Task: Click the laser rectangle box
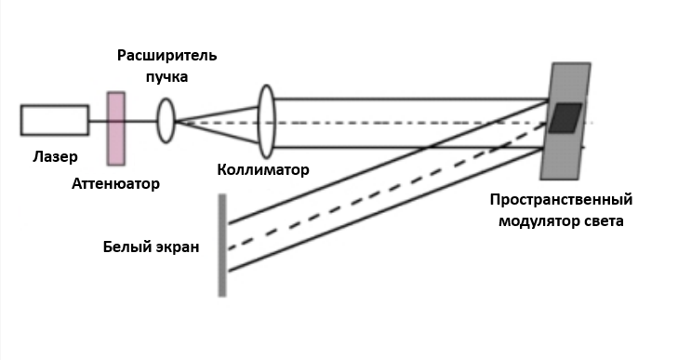55,120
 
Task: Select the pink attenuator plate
116,128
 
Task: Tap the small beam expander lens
166,121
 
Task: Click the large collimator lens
266,121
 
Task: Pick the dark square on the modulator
565,118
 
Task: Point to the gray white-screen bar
222,246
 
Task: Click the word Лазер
56,156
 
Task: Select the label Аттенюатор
116,184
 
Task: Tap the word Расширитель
166,56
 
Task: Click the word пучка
166,77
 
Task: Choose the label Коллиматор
263,169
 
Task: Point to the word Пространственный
561,200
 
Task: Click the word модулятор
535,221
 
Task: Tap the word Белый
126,247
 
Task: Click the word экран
177,247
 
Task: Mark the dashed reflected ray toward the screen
387,186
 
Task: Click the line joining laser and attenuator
99,121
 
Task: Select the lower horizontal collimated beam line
408,148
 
